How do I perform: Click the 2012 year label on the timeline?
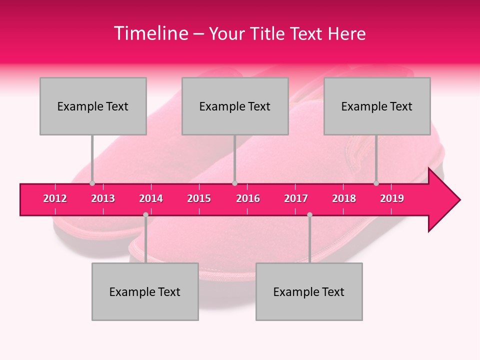55,199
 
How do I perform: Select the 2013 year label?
103,199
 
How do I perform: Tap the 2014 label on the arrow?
151,199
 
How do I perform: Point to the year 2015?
199,199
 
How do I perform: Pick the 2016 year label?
248,199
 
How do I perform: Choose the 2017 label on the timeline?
296,199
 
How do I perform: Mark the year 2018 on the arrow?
344,199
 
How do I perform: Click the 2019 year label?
392,199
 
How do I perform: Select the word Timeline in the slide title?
150,33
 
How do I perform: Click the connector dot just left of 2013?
92,183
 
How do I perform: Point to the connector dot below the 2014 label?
145,215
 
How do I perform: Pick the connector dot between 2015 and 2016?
234,183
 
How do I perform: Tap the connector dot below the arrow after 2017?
309,215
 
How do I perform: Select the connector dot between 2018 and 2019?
376,183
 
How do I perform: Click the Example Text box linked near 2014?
145,291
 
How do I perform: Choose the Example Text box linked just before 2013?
93,106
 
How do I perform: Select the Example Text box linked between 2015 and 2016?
235,106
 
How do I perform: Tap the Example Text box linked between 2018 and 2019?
377,106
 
